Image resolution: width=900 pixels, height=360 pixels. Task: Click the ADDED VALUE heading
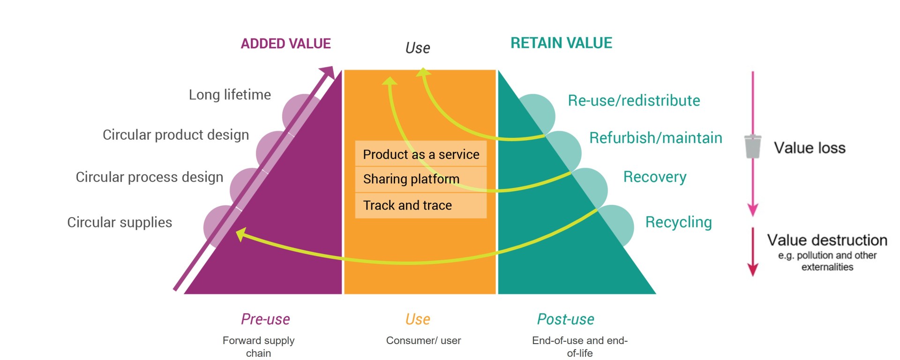285,44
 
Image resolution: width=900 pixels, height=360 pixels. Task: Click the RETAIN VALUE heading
561,43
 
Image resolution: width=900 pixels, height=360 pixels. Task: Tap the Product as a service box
420,154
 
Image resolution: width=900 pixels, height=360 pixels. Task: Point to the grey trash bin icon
752,147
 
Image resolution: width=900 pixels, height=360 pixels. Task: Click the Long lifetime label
230,95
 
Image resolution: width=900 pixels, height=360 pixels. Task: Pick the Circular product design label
176,135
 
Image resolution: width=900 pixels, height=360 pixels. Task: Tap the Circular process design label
150,177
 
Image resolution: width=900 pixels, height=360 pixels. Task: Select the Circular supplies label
120,222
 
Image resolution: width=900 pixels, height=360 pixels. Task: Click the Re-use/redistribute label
634,100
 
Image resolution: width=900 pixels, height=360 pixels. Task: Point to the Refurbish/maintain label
655,138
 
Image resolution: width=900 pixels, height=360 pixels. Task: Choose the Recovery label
654,177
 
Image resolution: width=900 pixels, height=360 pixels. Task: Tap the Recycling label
678,222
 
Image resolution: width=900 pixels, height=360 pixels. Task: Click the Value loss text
810,148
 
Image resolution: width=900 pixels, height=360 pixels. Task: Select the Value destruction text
827,240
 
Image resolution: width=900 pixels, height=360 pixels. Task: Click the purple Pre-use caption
265,319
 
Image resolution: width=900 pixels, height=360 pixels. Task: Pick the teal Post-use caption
565,319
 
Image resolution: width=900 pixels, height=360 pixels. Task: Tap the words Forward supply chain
258,346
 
